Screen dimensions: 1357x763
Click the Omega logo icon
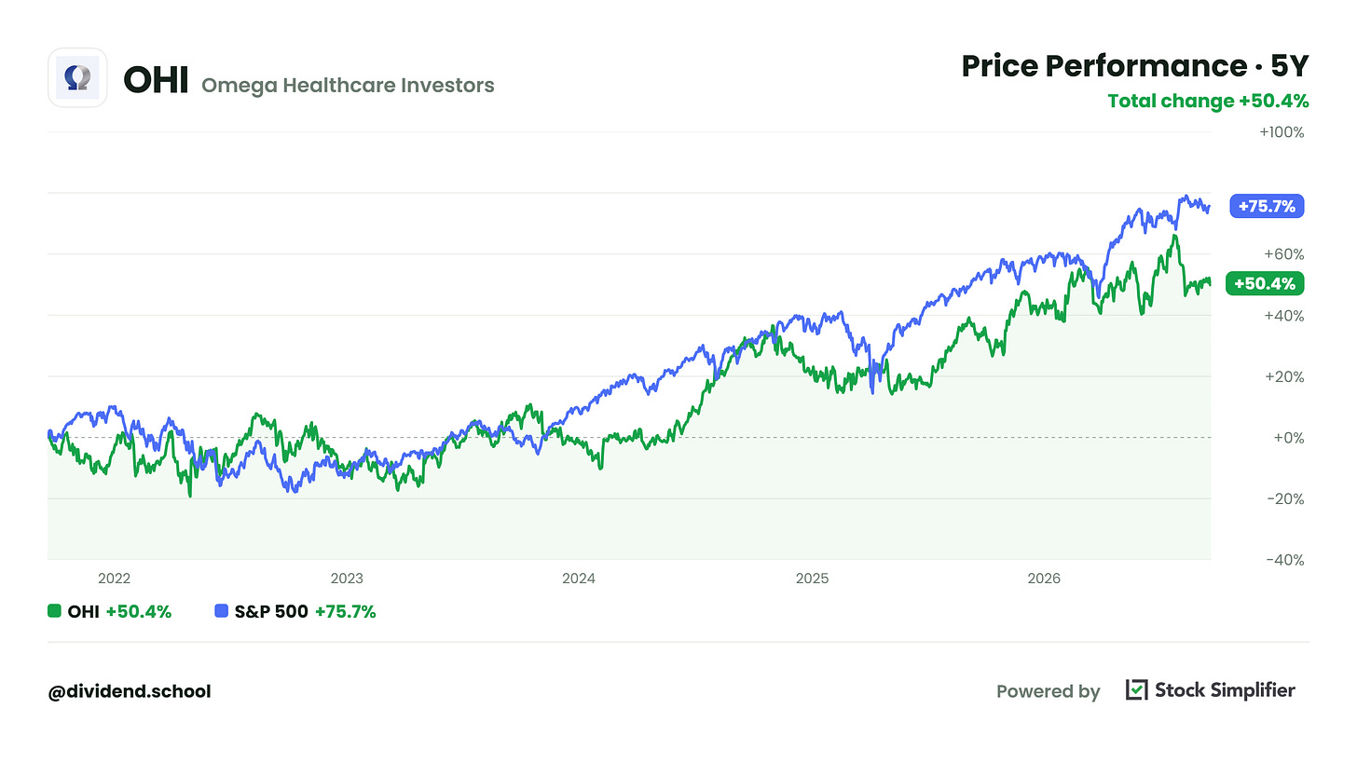point(77,78)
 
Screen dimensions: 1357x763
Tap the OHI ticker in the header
point(156,79)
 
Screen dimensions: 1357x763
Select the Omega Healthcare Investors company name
point(348,86)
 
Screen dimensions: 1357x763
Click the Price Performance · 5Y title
point(1134,66)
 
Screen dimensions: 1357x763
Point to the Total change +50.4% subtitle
point(1208,101)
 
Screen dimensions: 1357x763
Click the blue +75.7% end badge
point(1267,207)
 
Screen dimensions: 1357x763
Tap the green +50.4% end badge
point(1265,283)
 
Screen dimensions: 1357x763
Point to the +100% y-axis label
point(1282,132)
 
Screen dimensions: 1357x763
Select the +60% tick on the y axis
point(1284,253)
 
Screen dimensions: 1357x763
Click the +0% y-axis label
point(1289,437)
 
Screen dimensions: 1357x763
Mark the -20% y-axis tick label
point(1285,499)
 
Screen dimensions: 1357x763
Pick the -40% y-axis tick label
point(1285,560)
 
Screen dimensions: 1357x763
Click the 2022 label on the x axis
point(114,579)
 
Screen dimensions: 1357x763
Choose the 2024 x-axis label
point(579,579)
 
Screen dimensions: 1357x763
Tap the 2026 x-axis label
point(1044,579)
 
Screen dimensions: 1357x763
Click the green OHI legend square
point(54,611)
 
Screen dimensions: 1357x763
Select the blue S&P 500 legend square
point(222,611)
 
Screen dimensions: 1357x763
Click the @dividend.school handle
point(130,691)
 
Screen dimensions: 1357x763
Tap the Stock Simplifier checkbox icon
point(1136,689)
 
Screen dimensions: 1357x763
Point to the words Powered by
point(1048,691)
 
